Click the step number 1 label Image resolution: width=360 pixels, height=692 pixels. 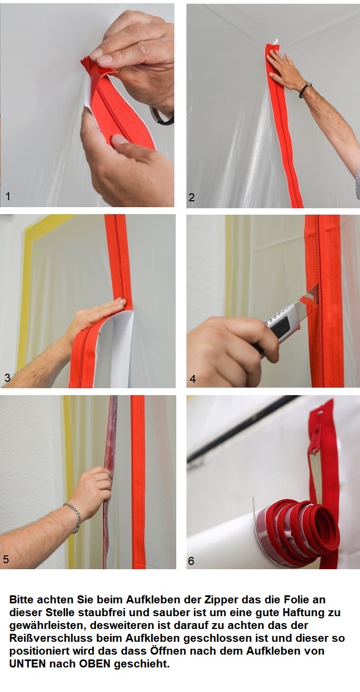coord(7,196)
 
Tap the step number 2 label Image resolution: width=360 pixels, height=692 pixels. coord(192,197)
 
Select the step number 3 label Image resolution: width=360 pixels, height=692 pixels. coord(7,377)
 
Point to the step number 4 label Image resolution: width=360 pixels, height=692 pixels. coord(192,379)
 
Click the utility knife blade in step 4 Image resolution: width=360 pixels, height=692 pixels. coord(309,297)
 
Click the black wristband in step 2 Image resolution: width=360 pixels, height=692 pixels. coord(305,90)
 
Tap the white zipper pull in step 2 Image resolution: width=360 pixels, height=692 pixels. coord(274,41)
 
